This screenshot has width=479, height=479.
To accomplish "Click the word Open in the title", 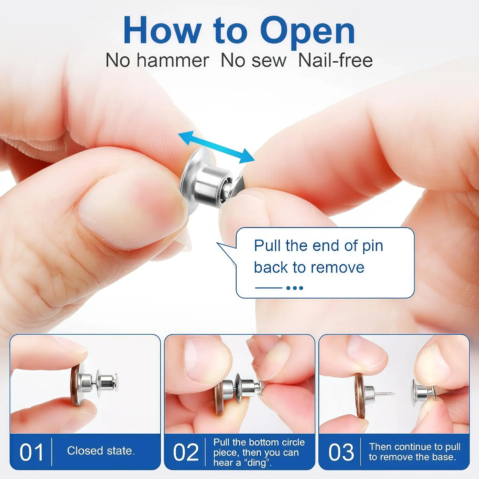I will coord(307,31).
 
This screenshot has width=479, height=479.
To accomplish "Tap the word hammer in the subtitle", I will coord(173,60).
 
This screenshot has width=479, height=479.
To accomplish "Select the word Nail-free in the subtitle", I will coord(335,60).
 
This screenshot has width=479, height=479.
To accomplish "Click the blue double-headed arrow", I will coord(216,147).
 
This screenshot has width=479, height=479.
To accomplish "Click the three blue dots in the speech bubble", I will coord(294,288).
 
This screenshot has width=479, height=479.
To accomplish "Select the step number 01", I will coord(31,452).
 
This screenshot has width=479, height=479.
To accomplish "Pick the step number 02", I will coord(186,452).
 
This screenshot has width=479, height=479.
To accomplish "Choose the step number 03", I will coord(341,452).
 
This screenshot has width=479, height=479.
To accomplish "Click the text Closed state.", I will coord(101,451).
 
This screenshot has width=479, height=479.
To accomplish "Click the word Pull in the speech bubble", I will coord(267,246).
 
